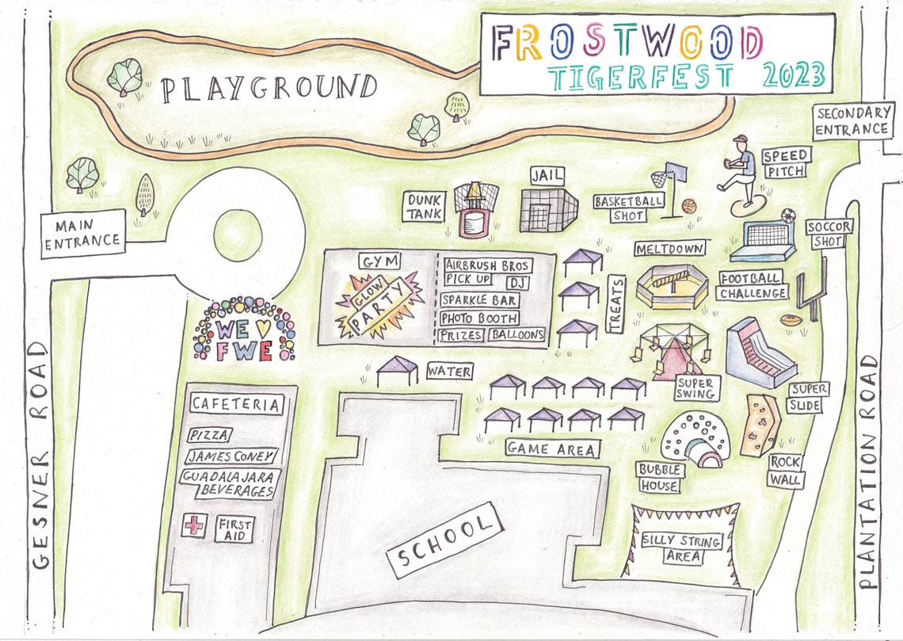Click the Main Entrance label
(83, 233)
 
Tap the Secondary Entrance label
(852, 121)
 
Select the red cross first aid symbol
(192, 525)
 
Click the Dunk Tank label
(425, 207)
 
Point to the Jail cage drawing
(548, 210)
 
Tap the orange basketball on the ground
(688, 206)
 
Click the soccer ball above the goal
(787, 215)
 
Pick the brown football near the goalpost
(791, 321)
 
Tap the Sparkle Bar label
(479, 300)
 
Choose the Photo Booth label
(479, 319)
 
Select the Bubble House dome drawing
(693, 438)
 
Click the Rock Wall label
(785, 471)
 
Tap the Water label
(449, 371)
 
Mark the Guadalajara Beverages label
(228, 483)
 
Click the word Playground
(269, 88)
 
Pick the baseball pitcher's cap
(740, 139)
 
